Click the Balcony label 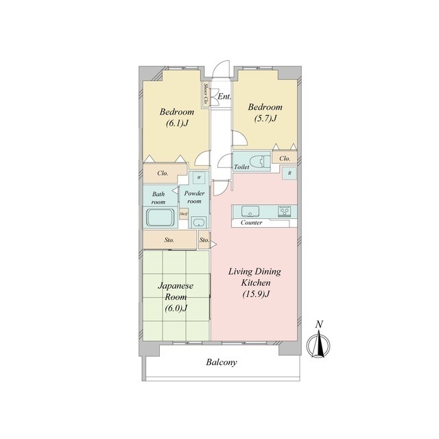222,362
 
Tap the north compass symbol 318,343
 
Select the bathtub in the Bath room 160,217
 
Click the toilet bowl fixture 260,162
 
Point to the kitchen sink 250,211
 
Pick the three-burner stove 285,211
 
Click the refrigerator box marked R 289,174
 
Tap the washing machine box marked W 199,178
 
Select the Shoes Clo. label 206,93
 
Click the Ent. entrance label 224,97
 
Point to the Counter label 252,223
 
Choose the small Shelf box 184,214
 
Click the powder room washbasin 199,222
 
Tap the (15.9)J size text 256,294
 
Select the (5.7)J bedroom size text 265,119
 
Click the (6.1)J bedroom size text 177,123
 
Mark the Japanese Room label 176,291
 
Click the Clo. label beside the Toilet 285,158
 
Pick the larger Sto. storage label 169,240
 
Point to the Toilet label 241,167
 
